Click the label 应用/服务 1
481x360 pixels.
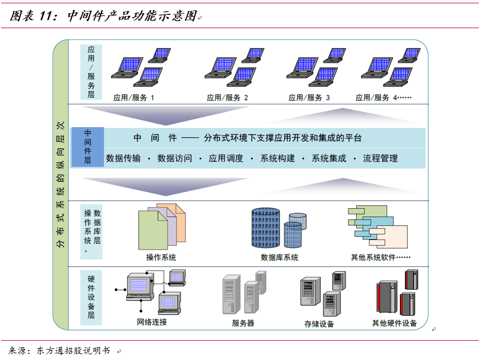134,98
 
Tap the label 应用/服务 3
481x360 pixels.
309,98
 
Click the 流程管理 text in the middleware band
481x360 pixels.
380,158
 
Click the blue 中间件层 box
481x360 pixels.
87,147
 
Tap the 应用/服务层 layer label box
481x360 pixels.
91,72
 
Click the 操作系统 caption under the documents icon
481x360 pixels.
161,257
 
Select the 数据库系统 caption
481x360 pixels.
279,257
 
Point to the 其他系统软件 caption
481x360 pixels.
380,257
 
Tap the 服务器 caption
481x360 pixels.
243,323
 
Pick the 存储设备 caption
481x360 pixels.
319,324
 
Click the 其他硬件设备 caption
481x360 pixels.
394,323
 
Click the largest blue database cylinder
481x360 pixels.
267,228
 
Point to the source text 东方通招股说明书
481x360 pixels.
73,351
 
